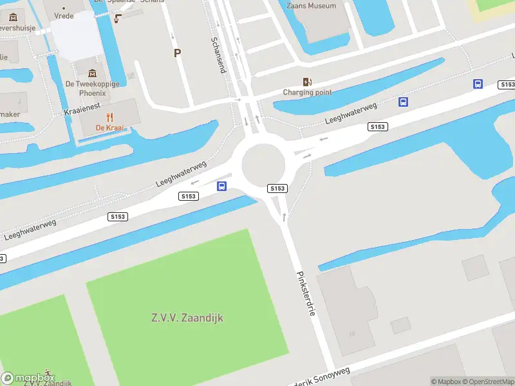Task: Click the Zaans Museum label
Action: tap(311, 6)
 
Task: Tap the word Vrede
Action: tap(64, 15)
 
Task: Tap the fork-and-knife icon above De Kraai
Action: tap(109, 117)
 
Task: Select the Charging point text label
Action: tap(308, 93)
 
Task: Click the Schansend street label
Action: tap(218, 55)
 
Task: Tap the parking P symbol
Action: tap(177, 53)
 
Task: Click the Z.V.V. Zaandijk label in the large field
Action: tap(187, 318)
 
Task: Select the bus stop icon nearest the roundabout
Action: tap(221, 187)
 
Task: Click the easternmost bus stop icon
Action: tap(478, 84)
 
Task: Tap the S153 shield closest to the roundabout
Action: tap(277, 188)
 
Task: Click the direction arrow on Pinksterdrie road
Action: tap(283, 217)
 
